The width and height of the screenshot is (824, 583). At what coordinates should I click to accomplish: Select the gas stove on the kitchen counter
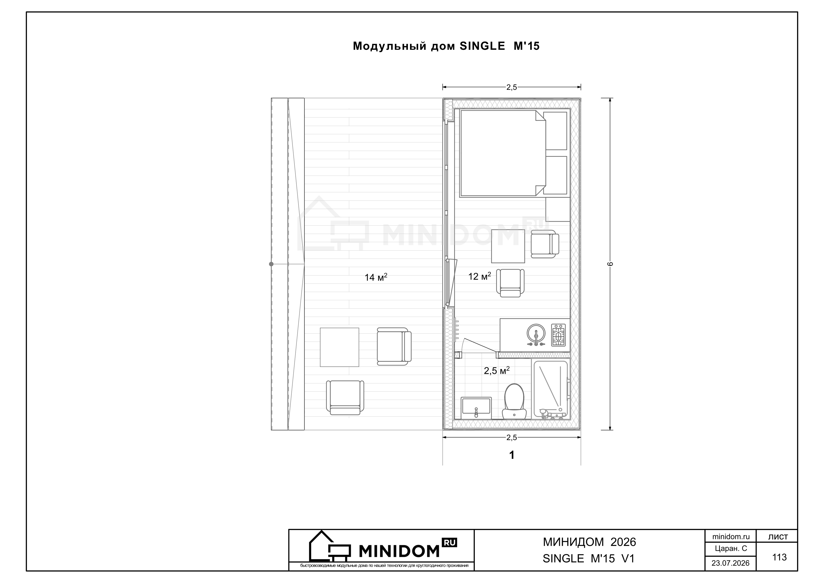[558, 335]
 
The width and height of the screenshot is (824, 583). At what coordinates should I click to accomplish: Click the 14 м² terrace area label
[376, 277]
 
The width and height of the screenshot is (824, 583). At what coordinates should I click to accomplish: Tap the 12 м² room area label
[480, 276]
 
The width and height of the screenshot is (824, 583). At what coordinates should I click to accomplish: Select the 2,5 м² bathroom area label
[497, 370]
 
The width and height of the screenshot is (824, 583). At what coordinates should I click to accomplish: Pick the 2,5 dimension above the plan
[511, 87]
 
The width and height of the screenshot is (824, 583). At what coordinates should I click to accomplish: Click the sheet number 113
[779, 557]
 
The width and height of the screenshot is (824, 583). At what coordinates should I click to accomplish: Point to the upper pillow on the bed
[555, 131]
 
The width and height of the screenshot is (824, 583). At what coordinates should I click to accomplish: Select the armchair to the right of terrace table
[394, 346]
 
